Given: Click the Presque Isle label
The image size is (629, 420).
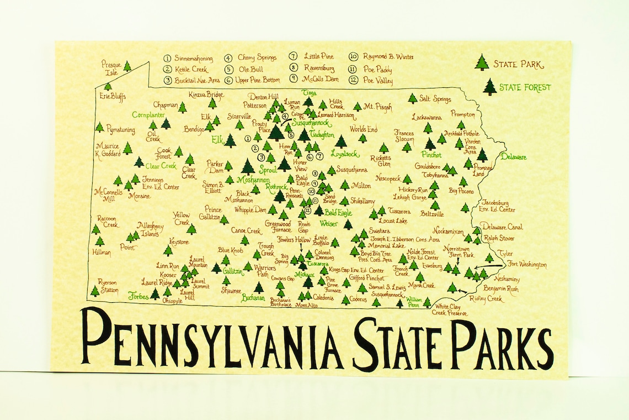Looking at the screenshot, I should click(x=110, y=68).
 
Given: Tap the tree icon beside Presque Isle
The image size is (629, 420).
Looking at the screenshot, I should click(x=127, y=66).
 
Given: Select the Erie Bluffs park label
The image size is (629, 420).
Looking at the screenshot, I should click(x=113, y=96).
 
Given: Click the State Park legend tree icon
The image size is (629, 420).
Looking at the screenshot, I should click(x=482, y=62).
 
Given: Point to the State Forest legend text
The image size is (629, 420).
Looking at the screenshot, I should click(x=525, y=87).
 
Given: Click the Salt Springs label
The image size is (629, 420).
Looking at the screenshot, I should click(x=435, y=99).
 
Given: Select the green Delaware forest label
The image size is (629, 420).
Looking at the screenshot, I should click(x=513, y=157).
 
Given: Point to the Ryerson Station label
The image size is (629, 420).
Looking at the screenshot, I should click(x=109, y=285).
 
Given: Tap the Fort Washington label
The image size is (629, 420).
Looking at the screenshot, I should click(x=527, y=264).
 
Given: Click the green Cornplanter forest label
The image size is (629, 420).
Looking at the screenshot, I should click(x=149, y=115).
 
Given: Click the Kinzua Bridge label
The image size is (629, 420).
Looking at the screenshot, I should click(x=206, y=95).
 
